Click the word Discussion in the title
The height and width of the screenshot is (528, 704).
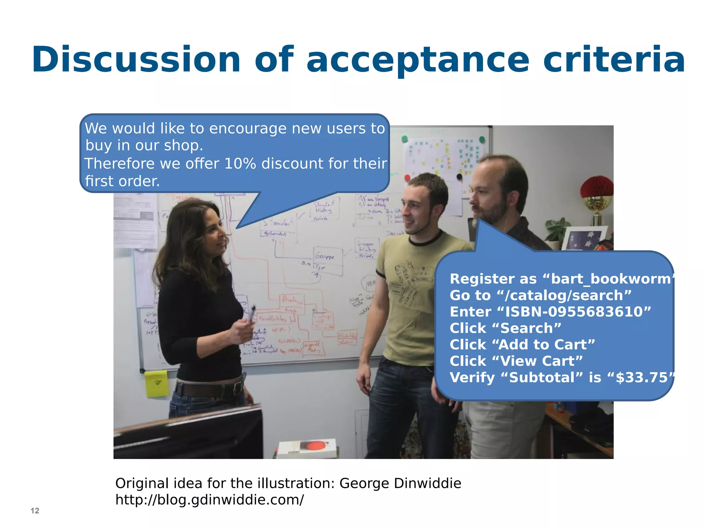pos(136,60)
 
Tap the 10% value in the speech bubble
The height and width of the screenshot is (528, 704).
pos(240,164)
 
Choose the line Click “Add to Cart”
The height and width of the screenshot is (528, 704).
pos(522,344)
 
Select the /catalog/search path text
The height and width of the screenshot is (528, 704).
pos(564,295)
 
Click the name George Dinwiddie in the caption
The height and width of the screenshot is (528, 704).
pos(400,483)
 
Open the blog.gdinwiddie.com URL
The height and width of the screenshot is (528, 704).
pos(209,500)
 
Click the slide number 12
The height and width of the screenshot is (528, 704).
pos(35,511)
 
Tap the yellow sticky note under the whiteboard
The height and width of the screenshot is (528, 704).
pos(156,383)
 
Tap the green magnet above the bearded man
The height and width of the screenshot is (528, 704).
pos(482,140)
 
